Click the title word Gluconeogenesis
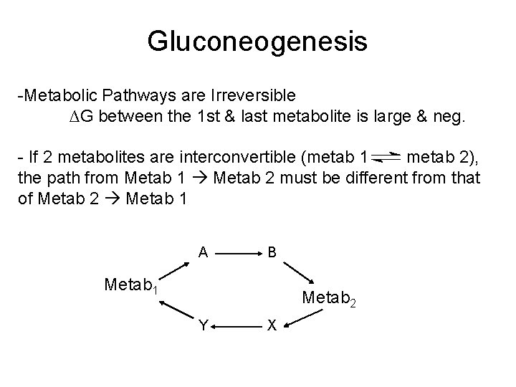(257, 42)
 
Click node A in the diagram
(204, 252)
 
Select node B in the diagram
(272, 252)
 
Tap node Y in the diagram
(204, 326)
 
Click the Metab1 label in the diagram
(131, 286)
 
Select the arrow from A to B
(237, 253)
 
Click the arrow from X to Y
(237, 326)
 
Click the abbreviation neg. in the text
(449, 116)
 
